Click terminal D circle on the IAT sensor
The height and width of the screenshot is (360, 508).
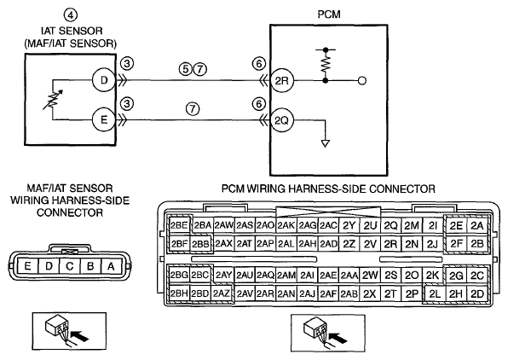point(104,80)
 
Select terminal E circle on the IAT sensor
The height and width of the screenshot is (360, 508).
point(104,120)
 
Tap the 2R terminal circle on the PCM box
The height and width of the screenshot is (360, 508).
point(282,80)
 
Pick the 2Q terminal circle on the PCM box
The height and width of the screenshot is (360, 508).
point(282,120)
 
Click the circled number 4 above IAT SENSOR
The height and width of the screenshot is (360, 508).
point(71,15)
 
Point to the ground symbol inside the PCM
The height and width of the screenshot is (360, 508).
point(326,143)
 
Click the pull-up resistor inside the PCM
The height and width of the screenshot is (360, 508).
point(326,65)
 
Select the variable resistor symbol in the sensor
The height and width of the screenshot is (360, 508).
point(53,100)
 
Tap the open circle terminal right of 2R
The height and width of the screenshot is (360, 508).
point(362,80)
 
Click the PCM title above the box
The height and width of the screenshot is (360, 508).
point(329,15)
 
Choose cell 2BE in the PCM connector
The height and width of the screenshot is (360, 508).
point(179,225)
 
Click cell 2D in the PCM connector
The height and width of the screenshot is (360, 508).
point(477,293)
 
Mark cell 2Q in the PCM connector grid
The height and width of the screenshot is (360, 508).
point(390,225)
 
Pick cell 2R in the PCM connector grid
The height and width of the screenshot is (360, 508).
point(390,244)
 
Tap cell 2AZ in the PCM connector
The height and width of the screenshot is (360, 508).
point(222,293)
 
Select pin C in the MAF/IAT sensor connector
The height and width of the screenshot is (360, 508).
point(70,266)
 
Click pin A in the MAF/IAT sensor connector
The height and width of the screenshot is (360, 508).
point(111,266)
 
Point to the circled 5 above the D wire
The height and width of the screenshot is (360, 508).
point(185,69)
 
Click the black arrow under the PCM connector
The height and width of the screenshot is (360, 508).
point(338,338)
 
